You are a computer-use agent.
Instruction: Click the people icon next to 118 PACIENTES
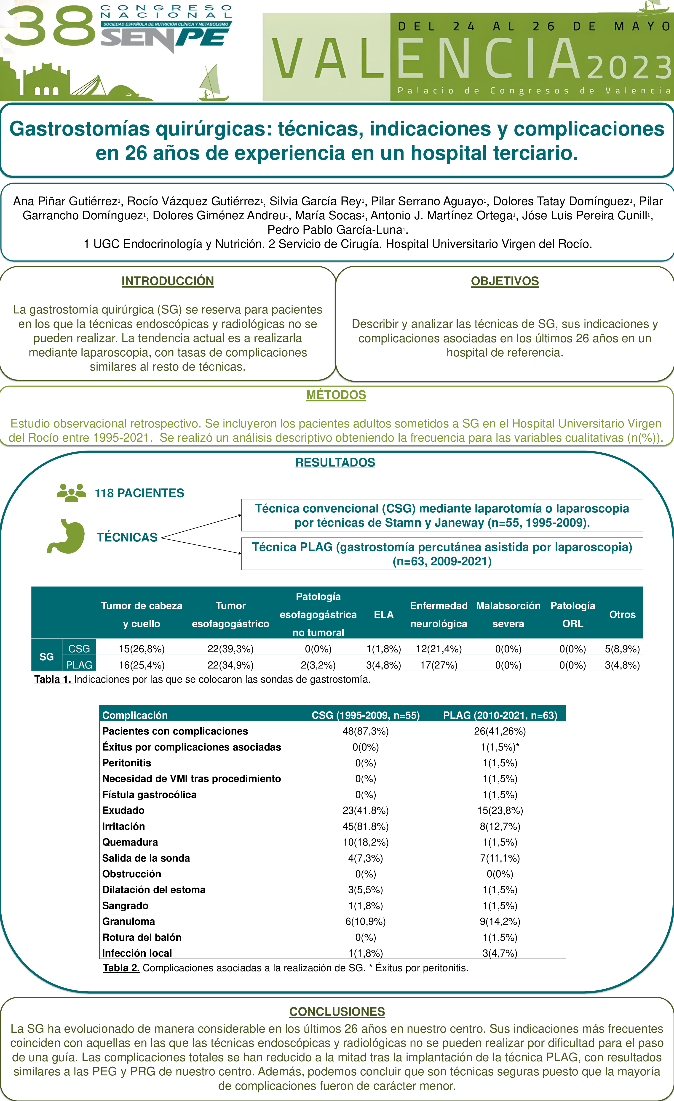coord(72,492)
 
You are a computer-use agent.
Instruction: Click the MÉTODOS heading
coord(336,395)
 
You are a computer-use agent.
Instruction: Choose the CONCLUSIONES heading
coord(337,1012)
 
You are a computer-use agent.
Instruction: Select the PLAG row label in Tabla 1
coord(79,665)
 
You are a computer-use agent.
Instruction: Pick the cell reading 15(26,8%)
coord(141,649)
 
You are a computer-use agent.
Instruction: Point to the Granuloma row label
coord(128,921)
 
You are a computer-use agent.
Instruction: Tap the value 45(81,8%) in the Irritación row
coord(365,826)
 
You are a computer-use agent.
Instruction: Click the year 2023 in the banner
coord(628,68)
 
